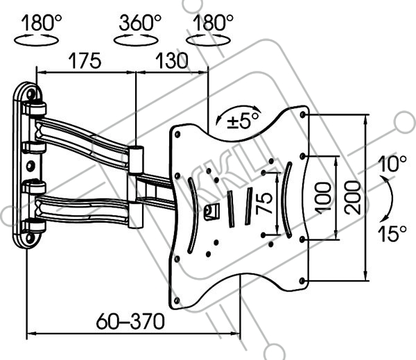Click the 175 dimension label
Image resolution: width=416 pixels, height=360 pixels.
(85, 61)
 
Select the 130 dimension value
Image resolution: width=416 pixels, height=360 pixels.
(171, 61)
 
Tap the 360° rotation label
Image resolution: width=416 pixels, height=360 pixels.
(140, 23)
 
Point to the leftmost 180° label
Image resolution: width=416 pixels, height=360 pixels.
(42, 23)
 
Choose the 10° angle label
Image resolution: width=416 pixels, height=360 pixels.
(392, 164)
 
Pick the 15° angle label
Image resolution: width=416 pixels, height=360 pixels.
(392, 234)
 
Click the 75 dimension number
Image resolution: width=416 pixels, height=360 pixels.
(265, 203)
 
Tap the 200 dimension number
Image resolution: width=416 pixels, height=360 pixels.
(353, 197)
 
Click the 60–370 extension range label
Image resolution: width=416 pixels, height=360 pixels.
(130, 321)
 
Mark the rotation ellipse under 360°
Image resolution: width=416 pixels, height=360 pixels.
(136, 40)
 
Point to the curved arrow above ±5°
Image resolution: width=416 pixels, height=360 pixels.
(238, 110)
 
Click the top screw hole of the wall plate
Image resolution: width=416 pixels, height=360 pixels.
(31, 94)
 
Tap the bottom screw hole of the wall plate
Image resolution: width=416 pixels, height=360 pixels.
(30, 237)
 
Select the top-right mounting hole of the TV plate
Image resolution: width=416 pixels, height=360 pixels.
(302, 114)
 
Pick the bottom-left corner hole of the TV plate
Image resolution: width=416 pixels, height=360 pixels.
(177, 300)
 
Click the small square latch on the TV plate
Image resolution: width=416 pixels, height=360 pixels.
(211, 212)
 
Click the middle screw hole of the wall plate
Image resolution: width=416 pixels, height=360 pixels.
(31, 166)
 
